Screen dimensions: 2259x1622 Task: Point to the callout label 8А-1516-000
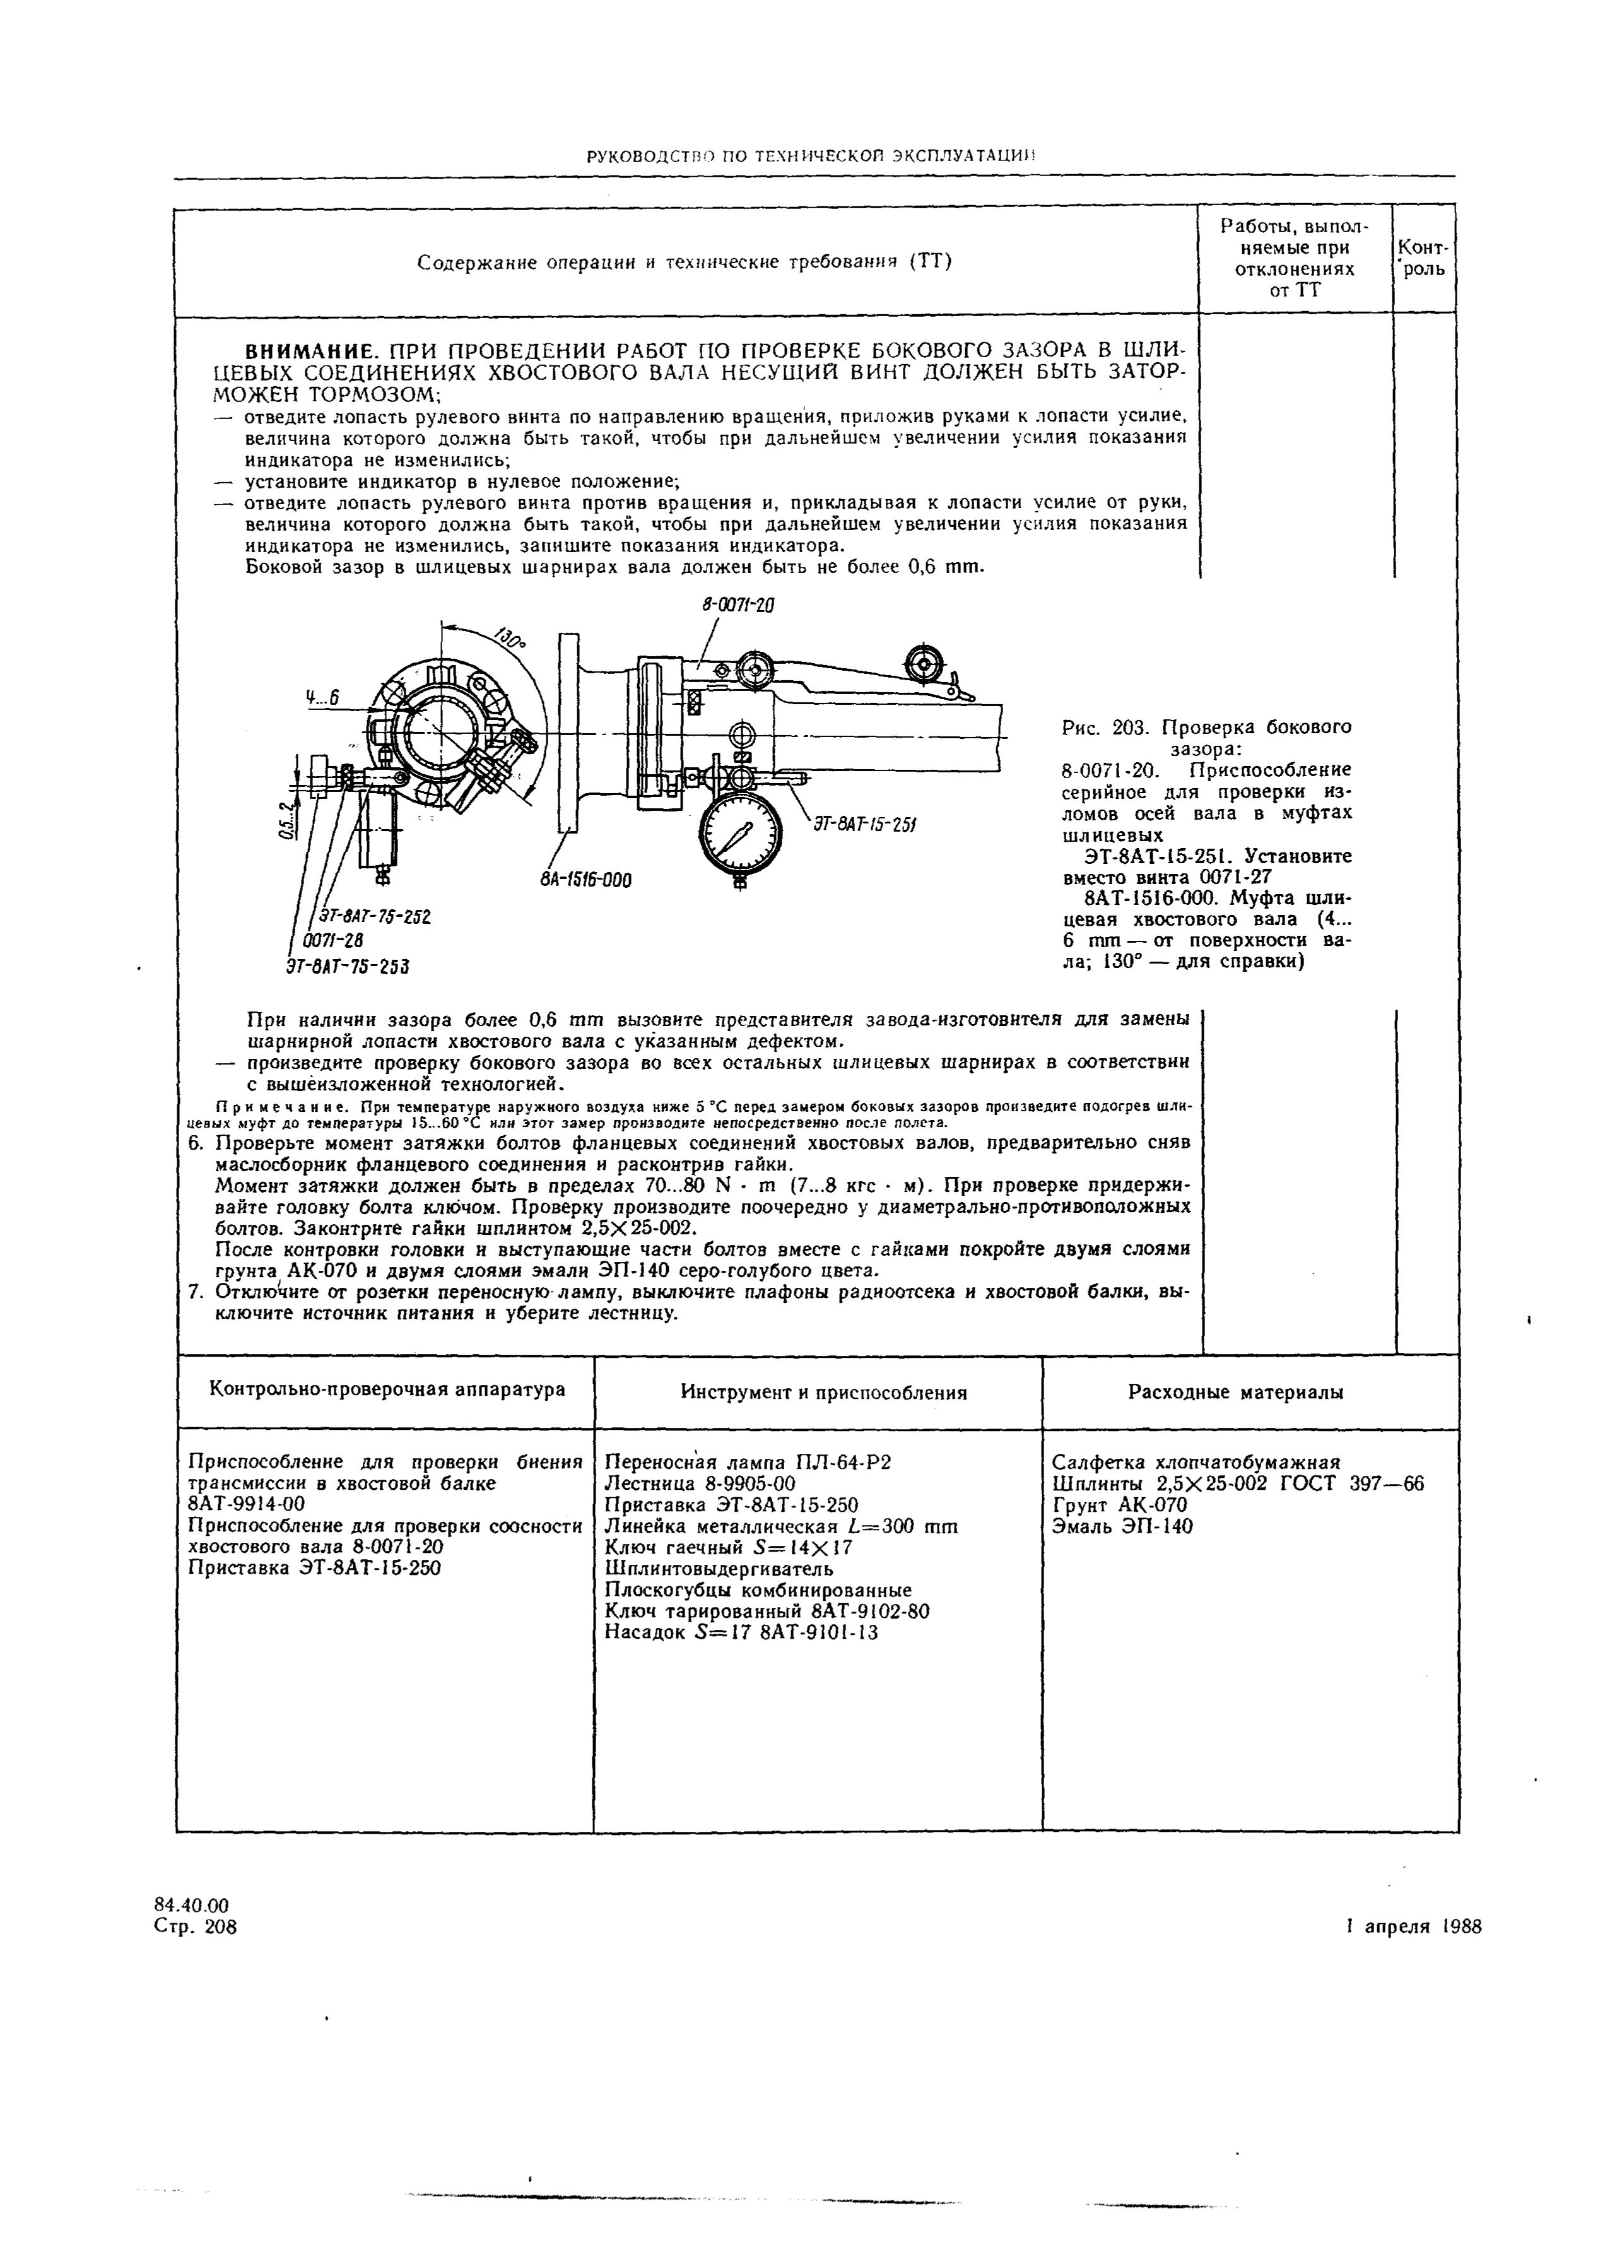pyautogui.click(x=587, y=880)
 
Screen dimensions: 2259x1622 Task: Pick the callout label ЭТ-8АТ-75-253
pyautogui.click(x=348, y=965)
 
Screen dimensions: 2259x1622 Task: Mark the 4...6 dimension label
pyautogui.click(x=322, y=699)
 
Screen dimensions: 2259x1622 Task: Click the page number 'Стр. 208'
pyautogui.click(x=196, y=1927)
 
